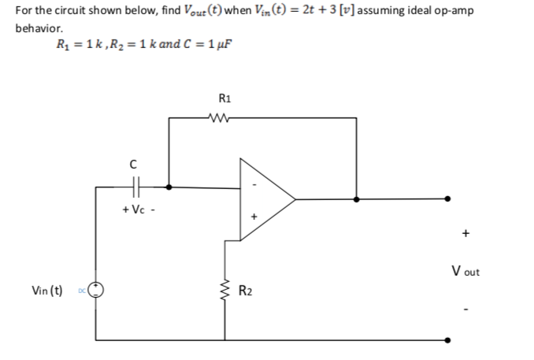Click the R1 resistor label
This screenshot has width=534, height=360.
click(x=224, y=100)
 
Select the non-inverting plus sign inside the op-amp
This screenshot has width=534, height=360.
click(x=254, y=214)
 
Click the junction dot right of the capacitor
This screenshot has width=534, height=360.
click(x=169, y=187)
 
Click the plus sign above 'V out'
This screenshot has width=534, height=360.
click(x=466, y=234)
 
